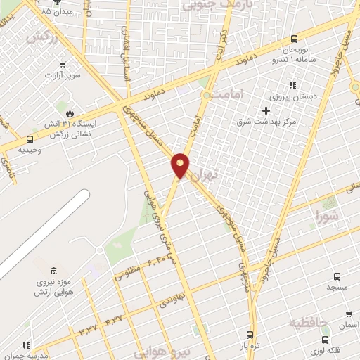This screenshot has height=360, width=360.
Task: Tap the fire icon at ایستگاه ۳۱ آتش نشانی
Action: (70, 113)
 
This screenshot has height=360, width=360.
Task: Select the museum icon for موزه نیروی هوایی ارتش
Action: (54, 271)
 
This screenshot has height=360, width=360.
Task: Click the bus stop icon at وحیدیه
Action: (29, 139)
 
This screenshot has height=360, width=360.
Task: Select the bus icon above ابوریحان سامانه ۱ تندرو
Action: (294, 39)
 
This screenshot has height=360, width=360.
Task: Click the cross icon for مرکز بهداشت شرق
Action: (265, 111)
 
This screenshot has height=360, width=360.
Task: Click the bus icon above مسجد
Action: (337, 276)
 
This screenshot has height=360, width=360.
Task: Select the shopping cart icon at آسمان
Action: (348, 314)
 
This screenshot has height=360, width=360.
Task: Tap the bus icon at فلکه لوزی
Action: (326, 340)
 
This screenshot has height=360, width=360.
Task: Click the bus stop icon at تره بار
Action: (250, 335)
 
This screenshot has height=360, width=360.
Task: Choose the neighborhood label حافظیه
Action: (309, 323)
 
